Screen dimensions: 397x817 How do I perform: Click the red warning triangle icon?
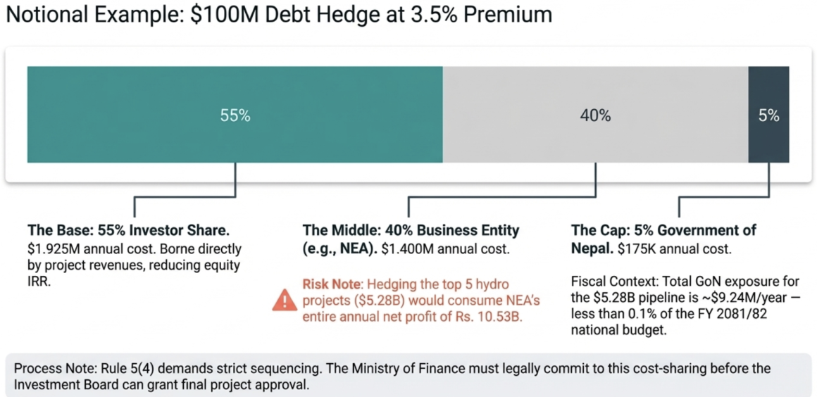tap(285, 301)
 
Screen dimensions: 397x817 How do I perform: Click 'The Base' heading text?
tap(54, 230)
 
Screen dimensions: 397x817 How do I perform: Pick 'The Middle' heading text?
tap(335, 230)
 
